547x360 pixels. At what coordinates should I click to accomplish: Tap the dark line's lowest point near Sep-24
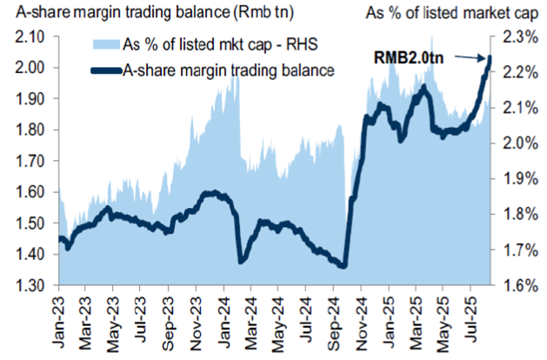(x=344, y=266)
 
